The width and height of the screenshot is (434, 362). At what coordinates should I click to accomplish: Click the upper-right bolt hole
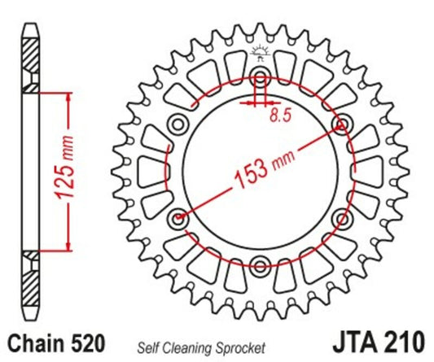(x=342, y=124)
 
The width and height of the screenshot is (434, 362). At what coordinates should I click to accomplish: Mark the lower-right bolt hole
(x=342, y=218)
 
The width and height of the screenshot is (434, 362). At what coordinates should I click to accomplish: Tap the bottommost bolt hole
(x=261, y=265)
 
